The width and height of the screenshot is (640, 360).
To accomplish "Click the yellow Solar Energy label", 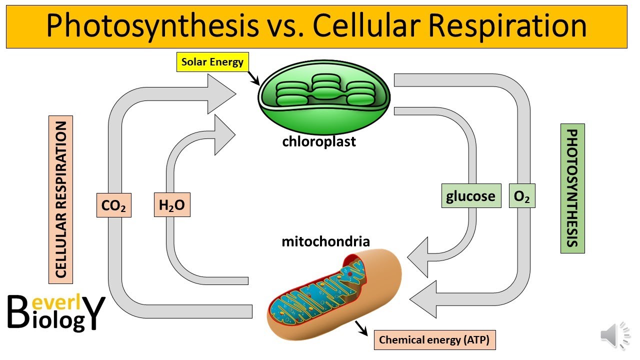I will coord(212,62).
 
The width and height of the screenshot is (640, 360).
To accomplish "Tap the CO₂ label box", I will coord(113,205).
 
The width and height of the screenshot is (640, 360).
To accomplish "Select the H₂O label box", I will coord(171,205).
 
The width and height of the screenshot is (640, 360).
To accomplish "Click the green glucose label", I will coord(470,196).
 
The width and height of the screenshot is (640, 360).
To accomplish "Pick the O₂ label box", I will coord(521,196).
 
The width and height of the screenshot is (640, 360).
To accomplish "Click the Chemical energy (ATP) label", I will coord(434,340).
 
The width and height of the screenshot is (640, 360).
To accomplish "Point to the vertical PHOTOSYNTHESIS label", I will coord(572,188).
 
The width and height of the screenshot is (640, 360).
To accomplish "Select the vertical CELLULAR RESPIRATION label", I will coord(61,199).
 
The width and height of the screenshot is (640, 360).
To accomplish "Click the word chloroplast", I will coord(319,141).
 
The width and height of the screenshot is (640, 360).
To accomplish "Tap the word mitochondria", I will coord(325,242).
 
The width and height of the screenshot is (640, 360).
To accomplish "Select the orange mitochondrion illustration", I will coord(333,295).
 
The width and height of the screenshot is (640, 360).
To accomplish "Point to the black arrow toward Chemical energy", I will coord(360,328).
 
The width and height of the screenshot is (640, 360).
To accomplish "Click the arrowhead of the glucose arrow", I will coord(419,257).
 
